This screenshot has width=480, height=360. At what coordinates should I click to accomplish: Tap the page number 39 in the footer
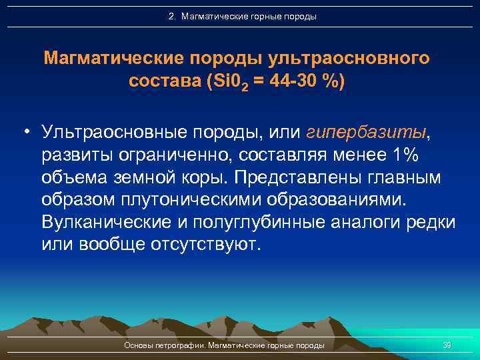point(447,345)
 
